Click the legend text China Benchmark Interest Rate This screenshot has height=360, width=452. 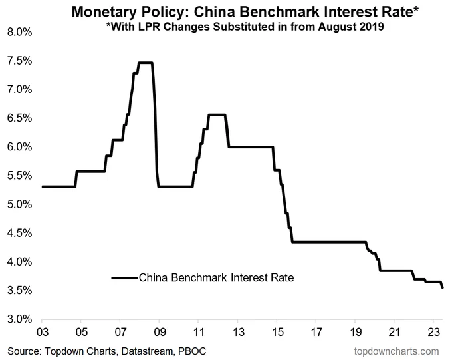(x=216, y=278)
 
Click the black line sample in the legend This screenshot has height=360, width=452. (x=124, y=278)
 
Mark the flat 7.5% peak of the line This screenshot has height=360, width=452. (x=145, y=63)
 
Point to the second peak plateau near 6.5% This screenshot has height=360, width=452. (x=217, y=115)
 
